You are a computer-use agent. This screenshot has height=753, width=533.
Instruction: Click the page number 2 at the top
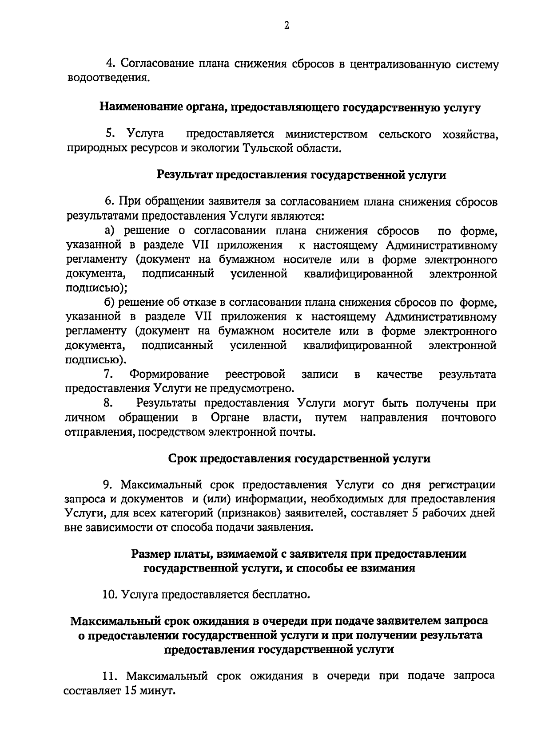point(286,26)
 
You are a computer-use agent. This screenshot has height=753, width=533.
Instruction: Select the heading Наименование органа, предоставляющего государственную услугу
point(290,107)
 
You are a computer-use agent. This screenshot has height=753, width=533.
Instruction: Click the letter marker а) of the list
point(110,231)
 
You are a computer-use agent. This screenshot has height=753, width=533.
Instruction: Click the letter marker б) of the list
point(110,303)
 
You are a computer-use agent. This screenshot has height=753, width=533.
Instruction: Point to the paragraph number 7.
point(107,375)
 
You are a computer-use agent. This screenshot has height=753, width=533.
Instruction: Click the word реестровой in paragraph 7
point(255,375)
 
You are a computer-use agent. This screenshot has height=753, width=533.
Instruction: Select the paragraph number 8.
point(107,403)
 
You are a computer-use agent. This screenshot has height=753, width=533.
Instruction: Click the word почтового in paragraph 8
point(469,418)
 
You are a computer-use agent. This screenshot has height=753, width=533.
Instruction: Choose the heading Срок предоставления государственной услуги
point(299,459)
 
